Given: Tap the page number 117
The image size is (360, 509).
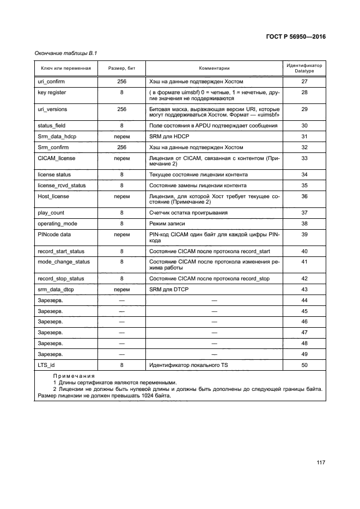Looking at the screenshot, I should (x=320, y=463).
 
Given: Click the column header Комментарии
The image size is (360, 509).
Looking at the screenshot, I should (x=213, y=69).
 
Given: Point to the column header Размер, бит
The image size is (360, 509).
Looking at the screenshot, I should (x=121, y=69).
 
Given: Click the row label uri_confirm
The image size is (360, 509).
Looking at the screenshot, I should (x=51, y=82).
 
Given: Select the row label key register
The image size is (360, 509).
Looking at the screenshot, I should (x=52, y=93).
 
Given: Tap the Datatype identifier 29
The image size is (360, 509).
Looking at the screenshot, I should (x=304, y=109).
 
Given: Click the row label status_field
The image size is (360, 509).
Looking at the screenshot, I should (x=52, y=126).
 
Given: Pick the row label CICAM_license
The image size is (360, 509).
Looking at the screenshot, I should (x=57, y=158).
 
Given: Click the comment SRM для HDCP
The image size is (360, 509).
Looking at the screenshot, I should (x=167, y=137).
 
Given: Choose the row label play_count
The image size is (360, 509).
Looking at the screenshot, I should (x=51, y=213).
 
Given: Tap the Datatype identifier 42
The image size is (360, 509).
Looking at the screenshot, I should (x=304, y=279).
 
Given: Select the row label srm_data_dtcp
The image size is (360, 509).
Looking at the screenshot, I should (x=56, y=290).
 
